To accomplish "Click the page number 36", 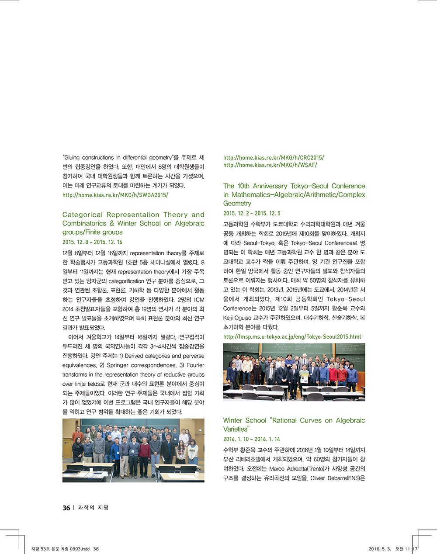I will click(x=66, y=508).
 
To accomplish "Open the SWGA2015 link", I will click(x=115, y=195).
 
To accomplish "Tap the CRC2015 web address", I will click(x=274, y=158).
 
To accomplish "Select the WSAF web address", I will click(x=270, y=165).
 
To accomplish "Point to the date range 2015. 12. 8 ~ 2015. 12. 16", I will click(x=92, y=242).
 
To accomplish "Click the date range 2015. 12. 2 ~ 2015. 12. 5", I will click(x=252, y=213).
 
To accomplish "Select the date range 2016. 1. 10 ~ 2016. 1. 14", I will click(x=252, y=439).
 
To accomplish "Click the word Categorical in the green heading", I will click(x=83, y=215).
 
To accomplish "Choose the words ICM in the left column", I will click(x=199, y=300).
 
